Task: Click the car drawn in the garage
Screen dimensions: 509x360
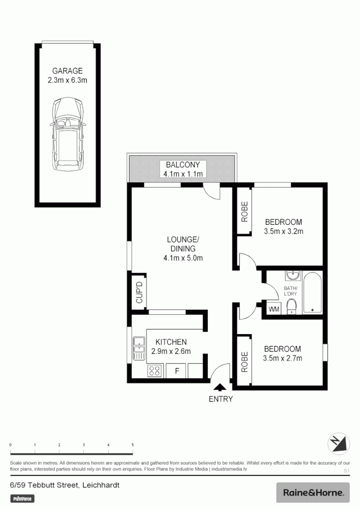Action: (68, 135)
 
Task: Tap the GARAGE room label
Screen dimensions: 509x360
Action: (67, 71)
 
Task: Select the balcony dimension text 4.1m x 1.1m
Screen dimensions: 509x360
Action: (183, 174)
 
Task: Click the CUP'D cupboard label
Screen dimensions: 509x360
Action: (139, 293)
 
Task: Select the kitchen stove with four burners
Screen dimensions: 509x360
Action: (155, 371)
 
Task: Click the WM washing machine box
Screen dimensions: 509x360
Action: (274, 309)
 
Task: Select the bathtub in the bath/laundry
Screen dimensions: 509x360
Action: (312, 293)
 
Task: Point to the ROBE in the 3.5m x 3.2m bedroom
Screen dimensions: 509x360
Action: (245, 211)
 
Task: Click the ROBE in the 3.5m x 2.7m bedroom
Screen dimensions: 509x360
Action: (244, 362)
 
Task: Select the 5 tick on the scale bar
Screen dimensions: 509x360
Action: (132, 445)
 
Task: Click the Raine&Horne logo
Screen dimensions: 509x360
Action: (313, 493)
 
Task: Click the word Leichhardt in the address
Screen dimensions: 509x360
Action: (101, 484)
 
